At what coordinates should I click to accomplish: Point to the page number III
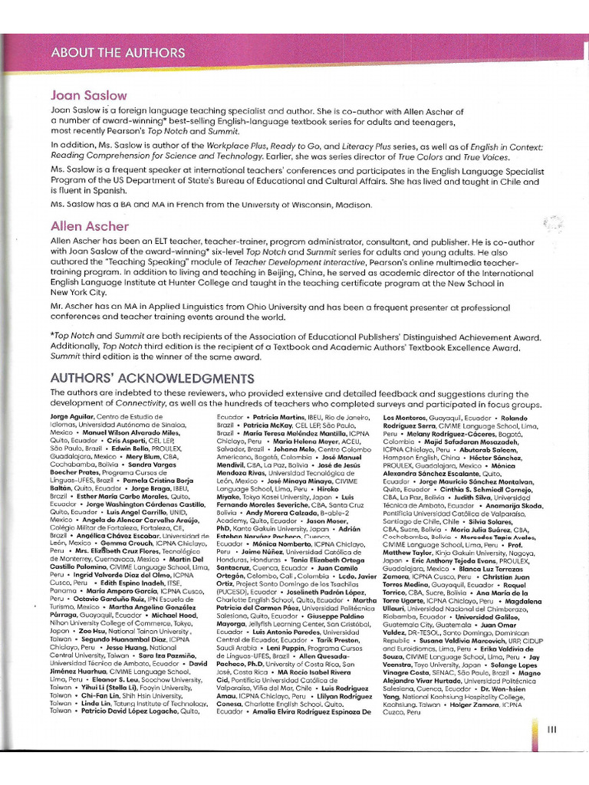[x=551, y=730]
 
